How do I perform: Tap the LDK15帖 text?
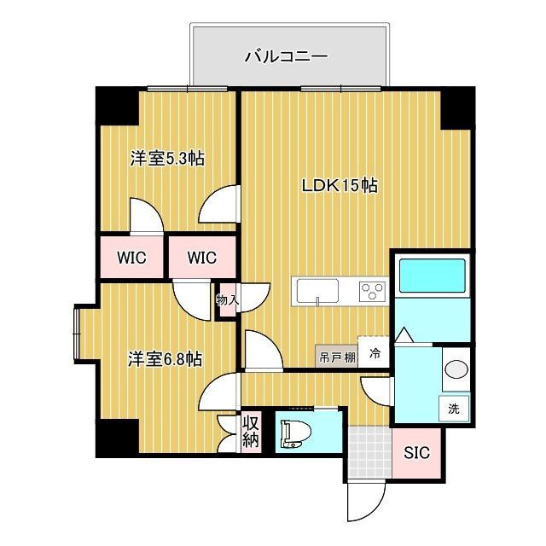340,184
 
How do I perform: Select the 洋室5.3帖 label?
166,159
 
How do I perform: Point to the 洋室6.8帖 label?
166,359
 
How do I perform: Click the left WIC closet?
131,257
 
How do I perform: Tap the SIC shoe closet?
417,452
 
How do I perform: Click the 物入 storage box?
226,300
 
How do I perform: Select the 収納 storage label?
250,433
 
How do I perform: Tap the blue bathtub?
432,276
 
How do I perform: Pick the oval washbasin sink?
456,370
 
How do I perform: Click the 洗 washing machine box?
454,408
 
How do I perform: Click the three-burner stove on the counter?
373,291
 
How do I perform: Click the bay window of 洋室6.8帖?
78,331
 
